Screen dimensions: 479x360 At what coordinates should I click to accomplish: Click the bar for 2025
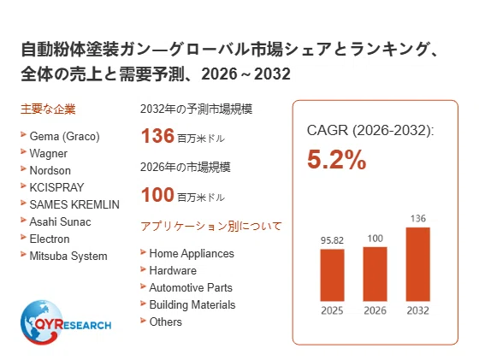point(332,275)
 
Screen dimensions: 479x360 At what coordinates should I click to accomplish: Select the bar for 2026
point(375,274)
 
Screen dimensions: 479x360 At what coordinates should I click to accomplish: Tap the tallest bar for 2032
point(418,264)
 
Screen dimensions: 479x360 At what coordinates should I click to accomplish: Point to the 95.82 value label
point(332,240)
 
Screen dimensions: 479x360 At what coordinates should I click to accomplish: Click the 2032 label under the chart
point(418,310)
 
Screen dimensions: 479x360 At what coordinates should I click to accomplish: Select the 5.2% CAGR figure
point(337,159)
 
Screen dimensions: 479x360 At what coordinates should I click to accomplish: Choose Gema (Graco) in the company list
point(64,137)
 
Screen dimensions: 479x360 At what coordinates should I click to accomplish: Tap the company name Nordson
point(50,170)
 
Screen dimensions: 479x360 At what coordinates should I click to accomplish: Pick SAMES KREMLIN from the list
point(74,204)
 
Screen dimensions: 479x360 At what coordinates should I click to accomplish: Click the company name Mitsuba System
point(68,257)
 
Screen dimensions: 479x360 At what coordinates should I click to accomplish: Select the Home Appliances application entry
point(192,254)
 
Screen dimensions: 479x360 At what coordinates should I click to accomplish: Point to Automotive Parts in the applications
point(191,287)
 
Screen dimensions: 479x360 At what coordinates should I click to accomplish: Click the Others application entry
point(165,322)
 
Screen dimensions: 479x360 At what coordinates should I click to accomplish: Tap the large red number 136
point(157,136)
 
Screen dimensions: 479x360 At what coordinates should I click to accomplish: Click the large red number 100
point(157,194)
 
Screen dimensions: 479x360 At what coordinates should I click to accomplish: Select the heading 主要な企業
point(48,109)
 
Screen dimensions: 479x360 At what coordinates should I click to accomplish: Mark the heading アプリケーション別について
point(210,227)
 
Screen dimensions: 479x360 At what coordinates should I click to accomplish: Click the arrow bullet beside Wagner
point(23,151)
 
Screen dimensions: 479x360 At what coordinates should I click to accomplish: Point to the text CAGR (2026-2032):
point(370,131)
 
